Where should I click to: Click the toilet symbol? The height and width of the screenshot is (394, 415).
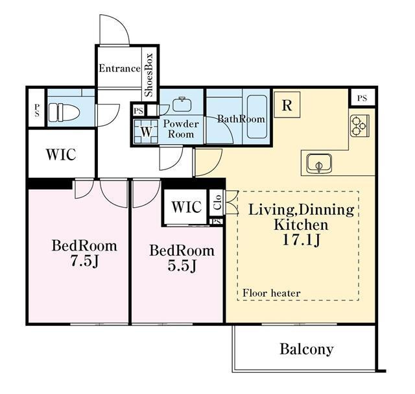coord(64,112)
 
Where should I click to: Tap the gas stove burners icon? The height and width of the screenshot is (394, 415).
coord(359,125)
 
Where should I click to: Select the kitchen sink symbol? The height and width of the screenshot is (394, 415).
coord(319,163)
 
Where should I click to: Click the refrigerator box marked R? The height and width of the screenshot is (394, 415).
coord(287,105)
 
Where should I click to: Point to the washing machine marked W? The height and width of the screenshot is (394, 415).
coord(146,132)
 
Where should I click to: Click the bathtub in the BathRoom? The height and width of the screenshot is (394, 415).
coord(257,117)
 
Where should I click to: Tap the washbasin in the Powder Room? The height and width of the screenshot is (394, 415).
coord(182,104)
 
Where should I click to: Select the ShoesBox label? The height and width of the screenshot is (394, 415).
coord(148,75)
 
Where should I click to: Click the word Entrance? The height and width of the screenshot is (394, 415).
coord(119,69)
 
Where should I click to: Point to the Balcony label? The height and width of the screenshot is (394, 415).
coord(307,349)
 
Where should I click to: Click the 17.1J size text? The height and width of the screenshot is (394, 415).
coord(302,240)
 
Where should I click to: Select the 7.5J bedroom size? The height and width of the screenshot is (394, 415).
coord(84,261)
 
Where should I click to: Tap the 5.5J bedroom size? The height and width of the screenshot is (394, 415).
coord(182,265)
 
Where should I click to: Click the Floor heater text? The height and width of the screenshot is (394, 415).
coord(272,293)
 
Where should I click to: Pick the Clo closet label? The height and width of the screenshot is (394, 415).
coord(217,203)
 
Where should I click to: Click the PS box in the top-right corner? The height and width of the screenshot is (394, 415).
coord(362,98)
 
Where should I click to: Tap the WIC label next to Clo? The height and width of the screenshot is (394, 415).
coord(187,206)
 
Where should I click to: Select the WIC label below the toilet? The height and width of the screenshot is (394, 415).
coord(61,154)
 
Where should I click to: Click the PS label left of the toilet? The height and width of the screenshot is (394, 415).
coord(36,110)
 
